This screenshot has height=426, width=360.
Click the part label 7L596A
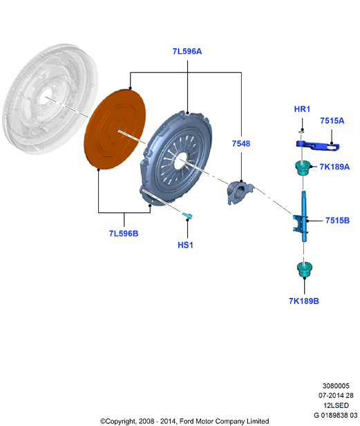(x=187, y=51)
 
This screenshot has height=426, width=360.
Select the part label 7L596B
(x=124, y=233)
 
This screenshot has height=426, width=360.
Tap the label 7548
(x=241, y=143)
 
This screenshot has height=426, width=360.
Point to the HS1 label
(x=185, y=245)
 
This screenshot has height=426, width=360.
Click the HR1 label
(x=302, y=109)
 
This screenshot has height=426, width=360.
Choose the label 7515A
(x=332, y=120)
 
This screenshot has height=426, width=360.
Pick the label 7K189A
(x=334, y=167)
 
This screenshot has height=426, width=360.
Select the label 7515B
(x=337, y=221)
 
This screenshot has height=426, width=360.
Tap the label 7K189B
(x=304, y=301)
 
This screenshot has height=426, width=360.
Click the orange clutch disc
(x=115, y=129)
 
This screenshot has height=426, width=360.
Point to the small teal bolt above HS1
(x=187, y=216)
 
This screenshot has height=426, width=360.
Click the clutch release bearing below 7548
(x=240, y=192)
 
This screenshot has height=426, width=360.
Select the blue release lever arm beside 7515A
(x=317, y=145)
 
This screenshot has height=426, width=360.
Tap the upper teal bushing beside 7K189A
(x=303, y=168)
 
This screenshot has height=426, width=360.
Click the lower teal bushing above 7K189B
(x=304, y=269)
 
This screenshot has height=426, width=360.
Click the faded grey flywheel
(x=50, y=99)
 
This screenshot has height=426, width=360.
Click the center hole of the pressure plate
(x=180, y=160)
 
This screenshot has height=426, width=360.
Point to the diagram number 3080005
(x=336, y=386)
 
